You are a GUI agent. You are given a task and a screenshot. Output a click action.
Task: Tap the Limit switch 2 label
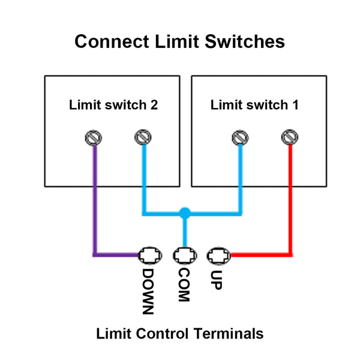[x=113, y=105]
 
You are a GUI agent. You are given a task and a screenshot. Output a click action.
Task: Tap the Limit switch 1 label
[x=254, y=105]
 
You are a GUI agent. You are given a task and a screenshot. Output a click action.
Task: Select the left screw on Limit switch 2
[x=93, y=139]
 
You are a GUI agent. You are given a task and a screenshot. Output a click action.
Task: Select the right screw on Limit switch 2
[x=142, y=139]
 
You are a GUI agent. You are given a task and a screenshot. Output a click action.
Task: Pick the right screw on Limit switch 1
[x=290, y=139]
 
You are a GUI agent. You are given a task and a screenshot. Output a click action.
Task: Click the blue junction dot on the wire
[x=185, y=212]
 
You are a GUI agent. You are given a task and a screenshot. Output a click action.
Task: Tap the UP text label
[x=217, y=279]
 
